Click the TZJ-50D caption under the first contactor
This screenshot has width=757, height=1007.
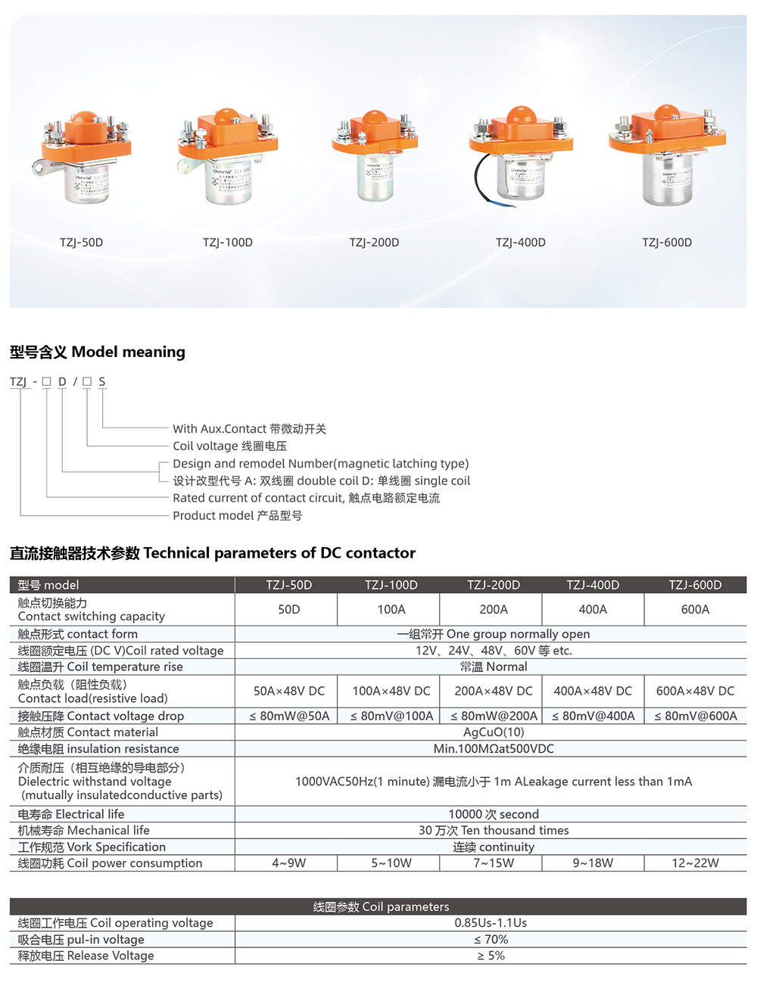81,243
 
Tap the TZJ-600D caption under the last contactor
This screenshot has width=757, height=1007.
667,243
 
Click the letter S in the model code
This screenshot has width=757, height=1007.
102,381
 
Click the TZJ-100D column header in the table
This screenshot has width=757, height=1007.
391,585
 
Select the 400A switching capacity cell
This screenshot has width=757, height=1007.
593,609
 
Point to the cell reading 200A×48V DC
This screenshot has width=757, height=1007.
494,691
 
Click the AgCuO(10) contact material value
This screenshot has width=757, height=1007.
494,732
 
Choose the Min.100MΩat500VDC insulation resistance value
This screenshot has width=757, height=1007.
494,749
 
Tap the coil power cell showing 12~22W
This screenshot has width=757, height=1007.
695,863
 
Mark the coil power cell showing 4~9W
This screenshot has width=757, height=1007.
288,863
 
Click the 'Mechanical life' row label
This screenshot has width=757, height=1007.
84,831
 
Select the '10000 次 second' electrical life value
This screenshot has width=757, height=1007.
494,814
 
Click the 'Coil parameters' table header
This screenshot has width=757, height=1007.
381,906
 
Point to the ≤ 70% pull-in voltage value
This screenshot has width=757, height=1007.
491,940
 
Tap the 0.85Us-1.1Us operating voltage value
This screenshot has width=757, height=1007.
491,923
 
